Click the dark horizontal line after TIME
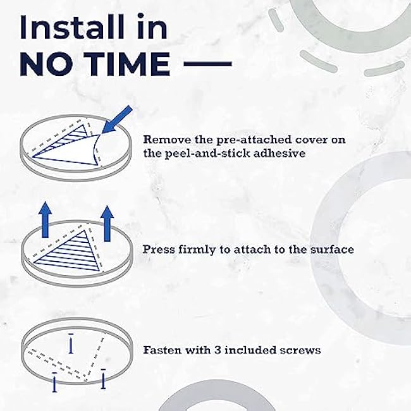207,64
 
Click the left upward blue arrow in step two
45,219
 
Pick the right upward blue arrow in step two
107,224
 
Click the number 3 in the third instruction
218,350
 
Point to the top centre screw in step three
71,343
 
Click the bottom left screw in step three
54,382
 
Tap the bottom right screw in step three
103,379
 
